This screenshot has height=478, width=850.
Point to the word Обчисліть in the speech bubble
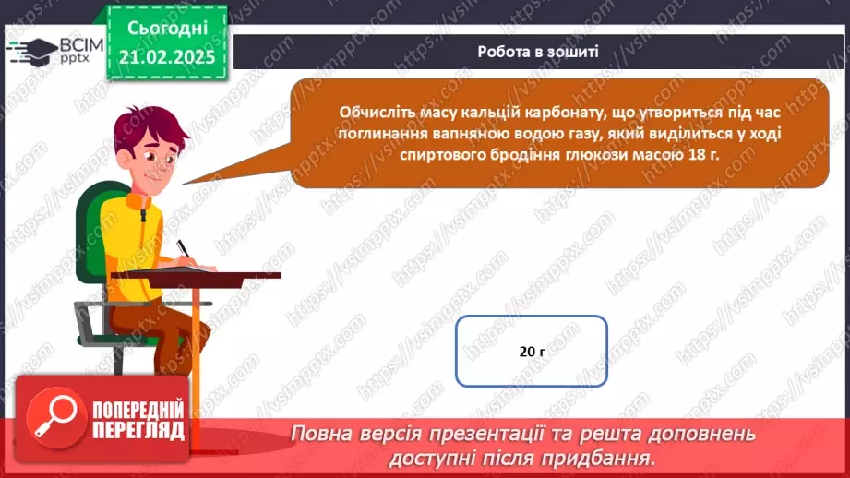tap(374, 113)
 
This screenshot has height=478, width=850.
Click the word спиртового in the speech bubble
tap(445, 156)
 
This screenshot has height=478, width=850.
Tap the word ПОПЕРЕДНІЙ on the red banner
tap(138, 411)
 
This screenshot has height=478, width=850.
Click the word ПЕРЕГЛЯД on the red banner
tap(138, 430)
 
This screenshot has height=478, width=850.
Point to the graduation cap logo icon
tap(30, 49)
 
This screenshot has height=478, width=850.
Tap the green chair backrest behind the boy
tap(90, 231)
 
